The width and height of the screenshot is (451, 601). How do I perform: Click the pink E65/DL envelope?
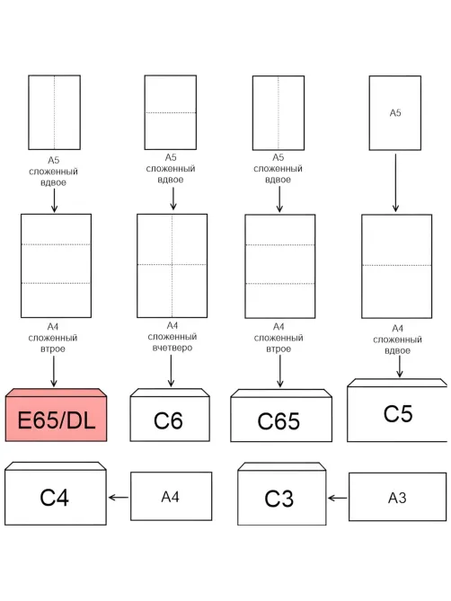point(56,415)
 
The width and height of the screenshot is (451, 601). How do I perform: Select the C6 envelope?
point(170,415)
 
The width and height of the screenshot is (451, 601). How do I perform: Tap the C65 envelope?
point(281,416)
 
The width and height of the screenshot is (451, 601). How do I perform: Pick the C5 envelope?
point(397,411)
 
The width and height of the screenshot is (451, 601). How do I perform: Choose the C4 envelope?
point(56,493)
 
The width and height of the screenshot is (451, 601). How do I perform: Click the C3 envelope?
point(281,494)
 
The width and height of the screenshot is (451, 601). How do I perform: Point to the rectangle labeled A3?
point(397,497)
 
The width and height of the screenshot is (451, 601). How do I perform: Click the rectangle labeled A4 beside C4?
point(171,496)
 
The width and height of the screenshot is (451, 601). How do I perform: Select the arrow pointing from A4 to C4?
point(119,498)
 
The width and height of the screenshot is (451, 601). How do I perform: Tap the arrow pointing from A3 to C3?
point(338,499)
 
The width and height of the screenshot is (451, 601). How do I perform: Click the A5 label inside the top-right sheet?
point(395,112)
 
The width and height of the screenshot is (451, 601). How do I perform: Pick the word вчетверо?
point(172,348)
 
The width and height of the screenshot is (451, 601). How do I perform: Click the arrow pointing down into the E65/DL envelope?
point(54,371)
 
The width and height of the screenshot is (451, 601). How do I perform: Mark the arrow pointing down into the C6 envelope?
point(171,370)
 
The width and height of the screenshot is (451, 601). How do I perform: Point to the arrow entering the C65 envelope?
point(279,371)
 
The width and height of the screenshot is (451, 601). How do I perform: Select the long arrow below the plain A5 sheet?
point(395,183)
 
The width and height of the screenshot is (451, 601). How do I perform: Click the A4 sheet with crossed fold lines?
point(172,266)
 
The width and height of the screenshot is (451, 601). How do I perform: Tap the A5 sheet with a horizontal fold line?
point(171,112)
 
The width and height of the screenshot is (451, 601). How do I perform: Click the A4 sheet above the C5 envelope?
point(396,266)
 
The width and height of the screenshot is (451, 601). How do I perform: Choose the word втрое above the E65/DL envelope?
point(53,349)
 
